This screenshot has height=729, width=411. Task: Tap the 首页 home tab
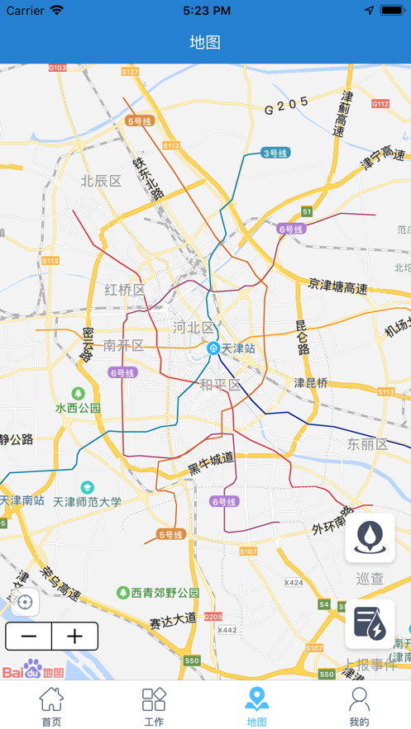(51, 706)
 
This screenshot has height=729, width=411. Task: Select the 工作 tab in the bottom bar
(154, 706)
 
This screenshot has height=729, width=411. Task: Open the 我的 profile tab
(359, 706)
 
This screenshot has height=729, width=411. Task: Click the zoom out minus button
(29, 637)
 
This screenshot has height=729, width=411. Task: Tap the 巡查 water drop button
(370, 537)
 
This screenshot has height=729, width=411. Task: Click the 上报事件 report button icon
(370, 623)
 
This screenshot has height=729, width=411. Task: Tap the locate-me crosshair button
(25, 602)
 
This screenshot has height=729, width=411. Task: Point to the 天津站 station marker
(213, 348)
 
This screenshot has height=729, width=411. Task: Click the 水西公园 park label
(78, 407)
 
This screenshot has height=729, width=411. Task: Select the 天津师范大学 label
(87, 500)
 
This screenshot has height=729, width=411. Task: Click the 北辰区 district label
(101, 181)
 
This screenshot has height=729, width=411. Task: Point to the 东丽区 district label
(367, 444)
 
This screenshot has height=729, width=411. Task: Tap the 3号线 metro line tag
(275, 153)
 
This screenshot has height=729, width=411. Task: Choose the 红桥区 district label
(125, 290)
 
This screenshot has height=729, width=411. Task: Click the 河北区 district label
(194, 327)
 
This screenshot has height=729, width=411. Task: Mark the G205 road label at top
(286, 105)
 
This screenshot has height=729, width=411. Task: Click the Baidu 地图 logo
(33, 670)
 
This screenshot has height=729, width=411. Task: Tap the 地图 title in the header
(205, 42)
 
